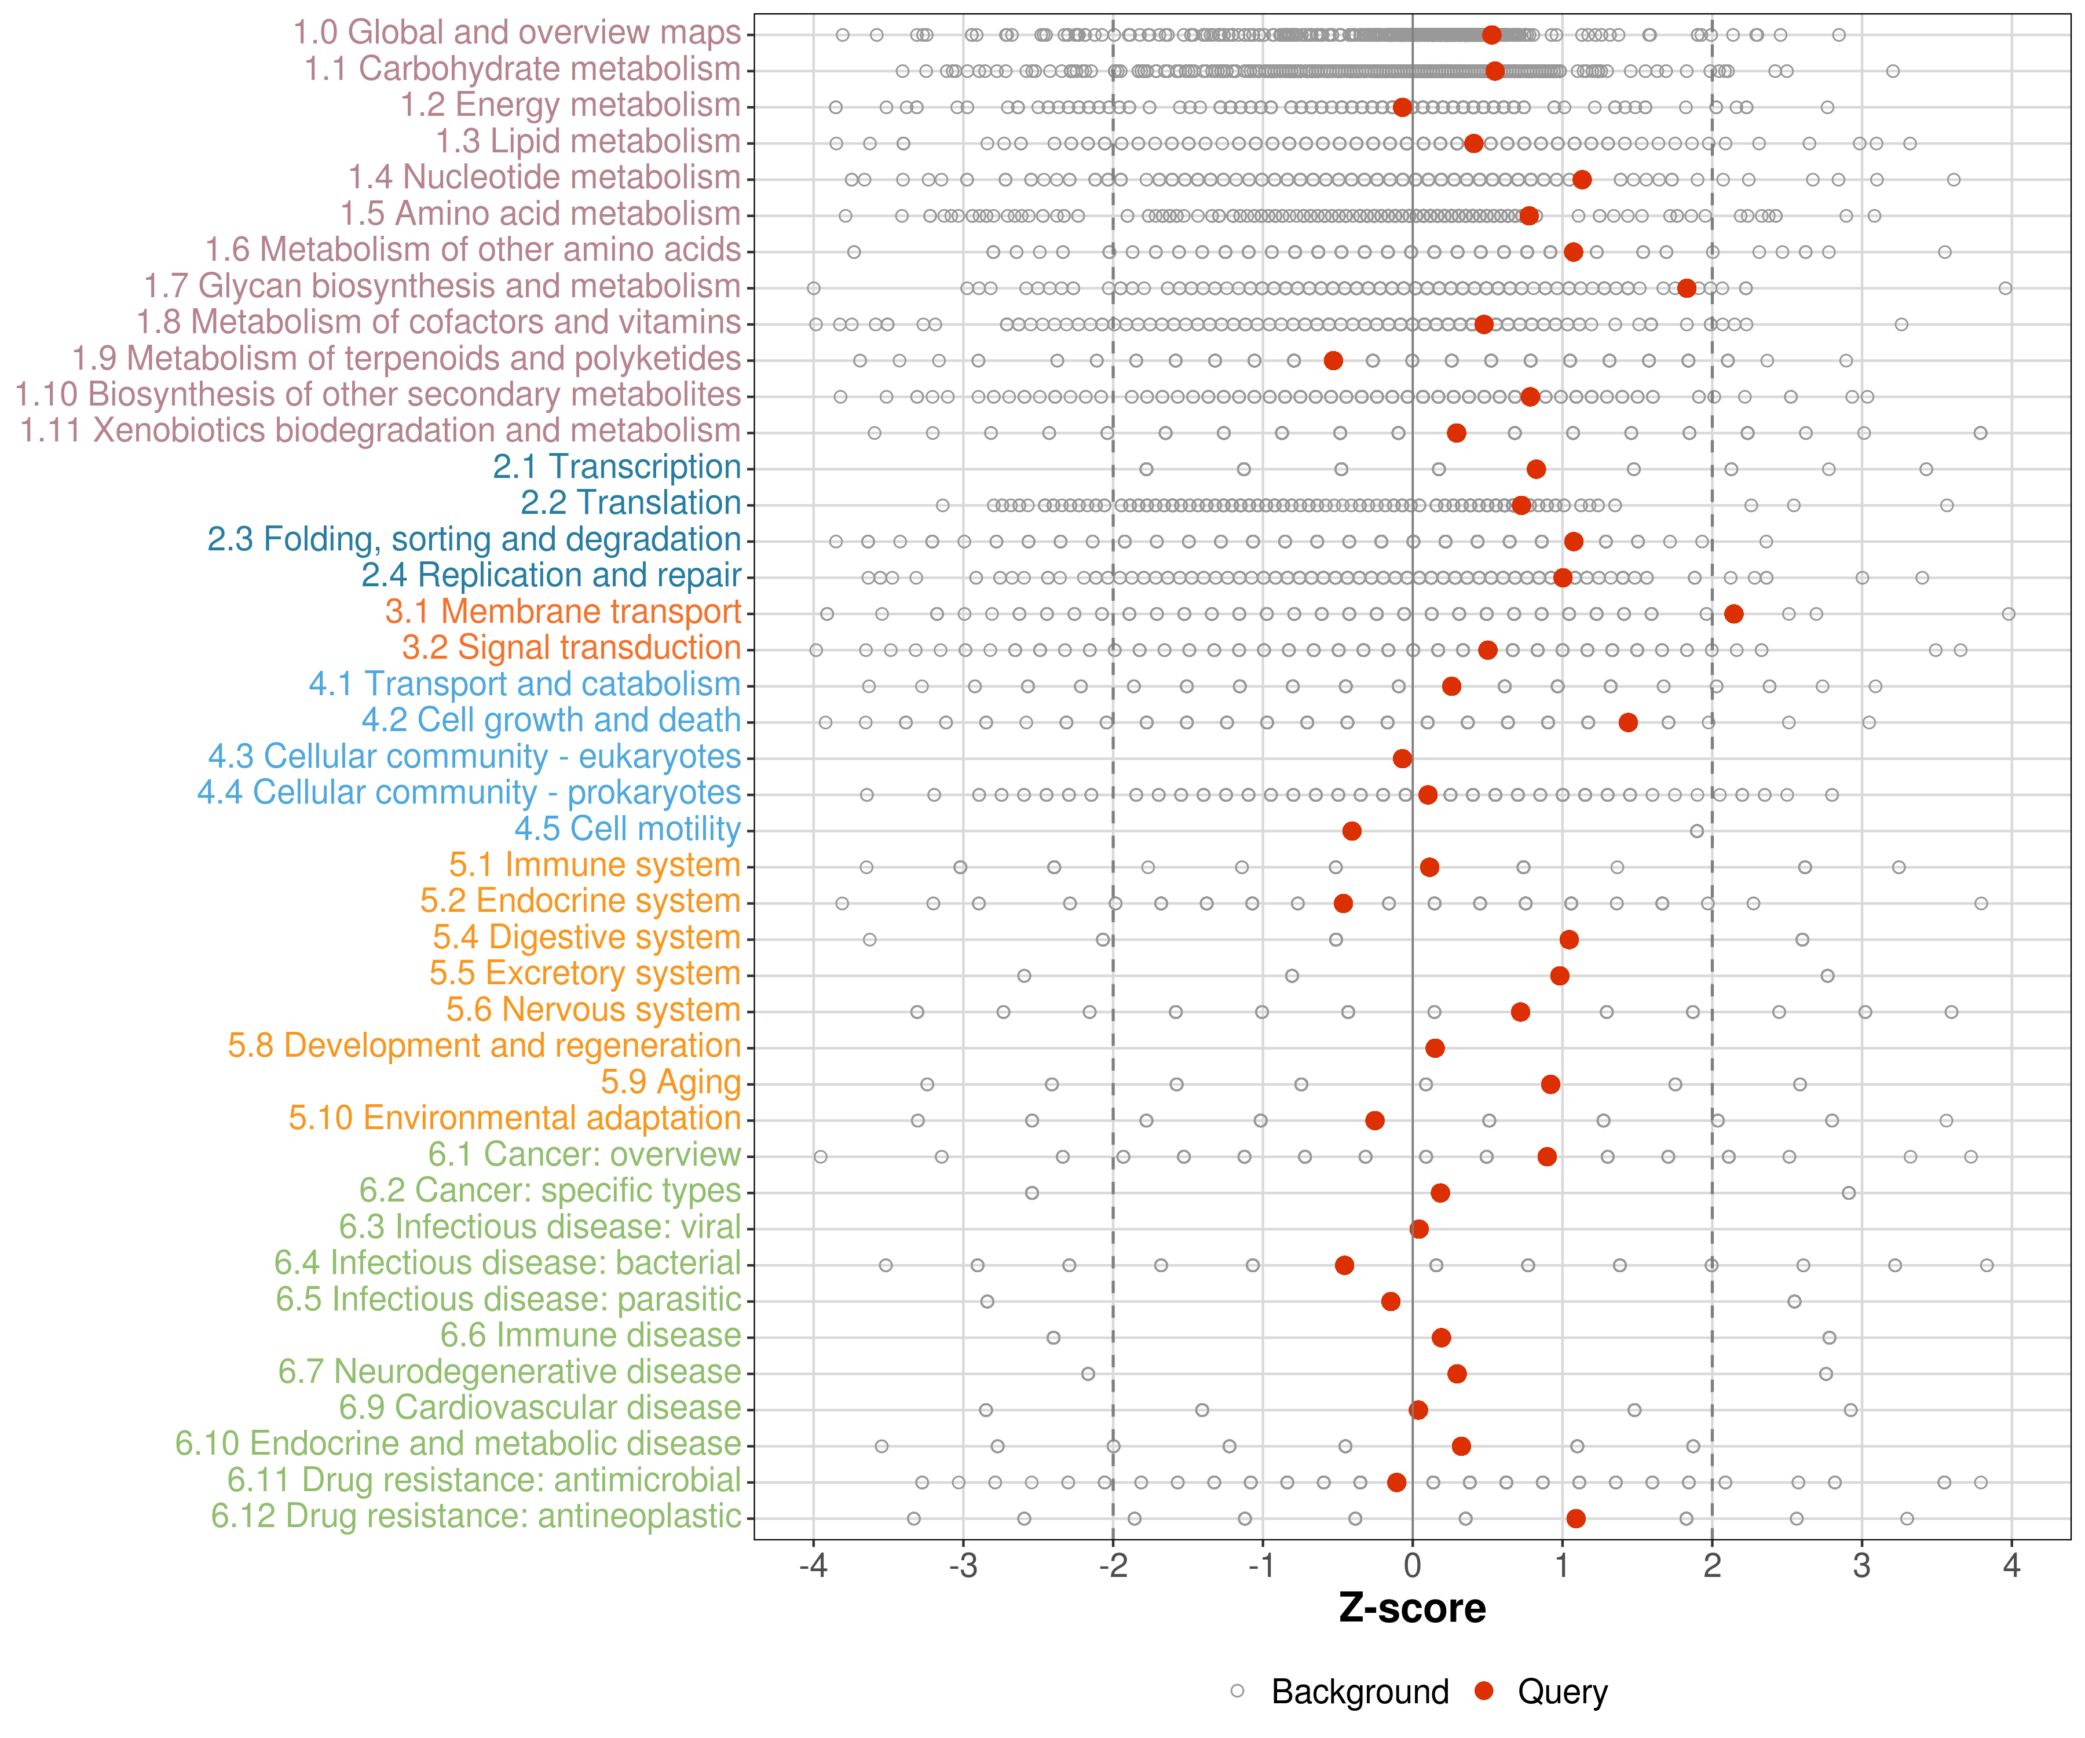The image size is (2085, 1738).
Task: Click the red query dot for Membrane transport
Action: (1733, 614)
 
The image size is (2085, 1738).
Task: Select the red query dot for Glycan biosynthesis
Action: (1686, 288)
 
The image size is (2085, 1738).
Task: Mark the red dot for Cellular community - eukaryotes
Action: (1402, 759)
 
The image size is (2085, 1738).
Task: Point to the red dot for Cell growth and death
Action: (1627, 722)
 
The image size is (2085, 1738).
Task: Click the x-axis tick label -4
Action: (813, 1566)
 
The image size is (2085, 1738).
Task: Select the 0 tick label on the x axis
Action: (1412, 1566)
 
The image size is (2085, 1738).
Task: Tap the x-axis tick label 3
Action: (1861, 1566)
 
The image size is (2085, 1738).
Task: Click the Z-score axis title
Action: (1412, 1608)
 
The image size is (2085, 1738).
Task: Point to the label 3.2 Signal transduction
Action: (571, 648)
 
